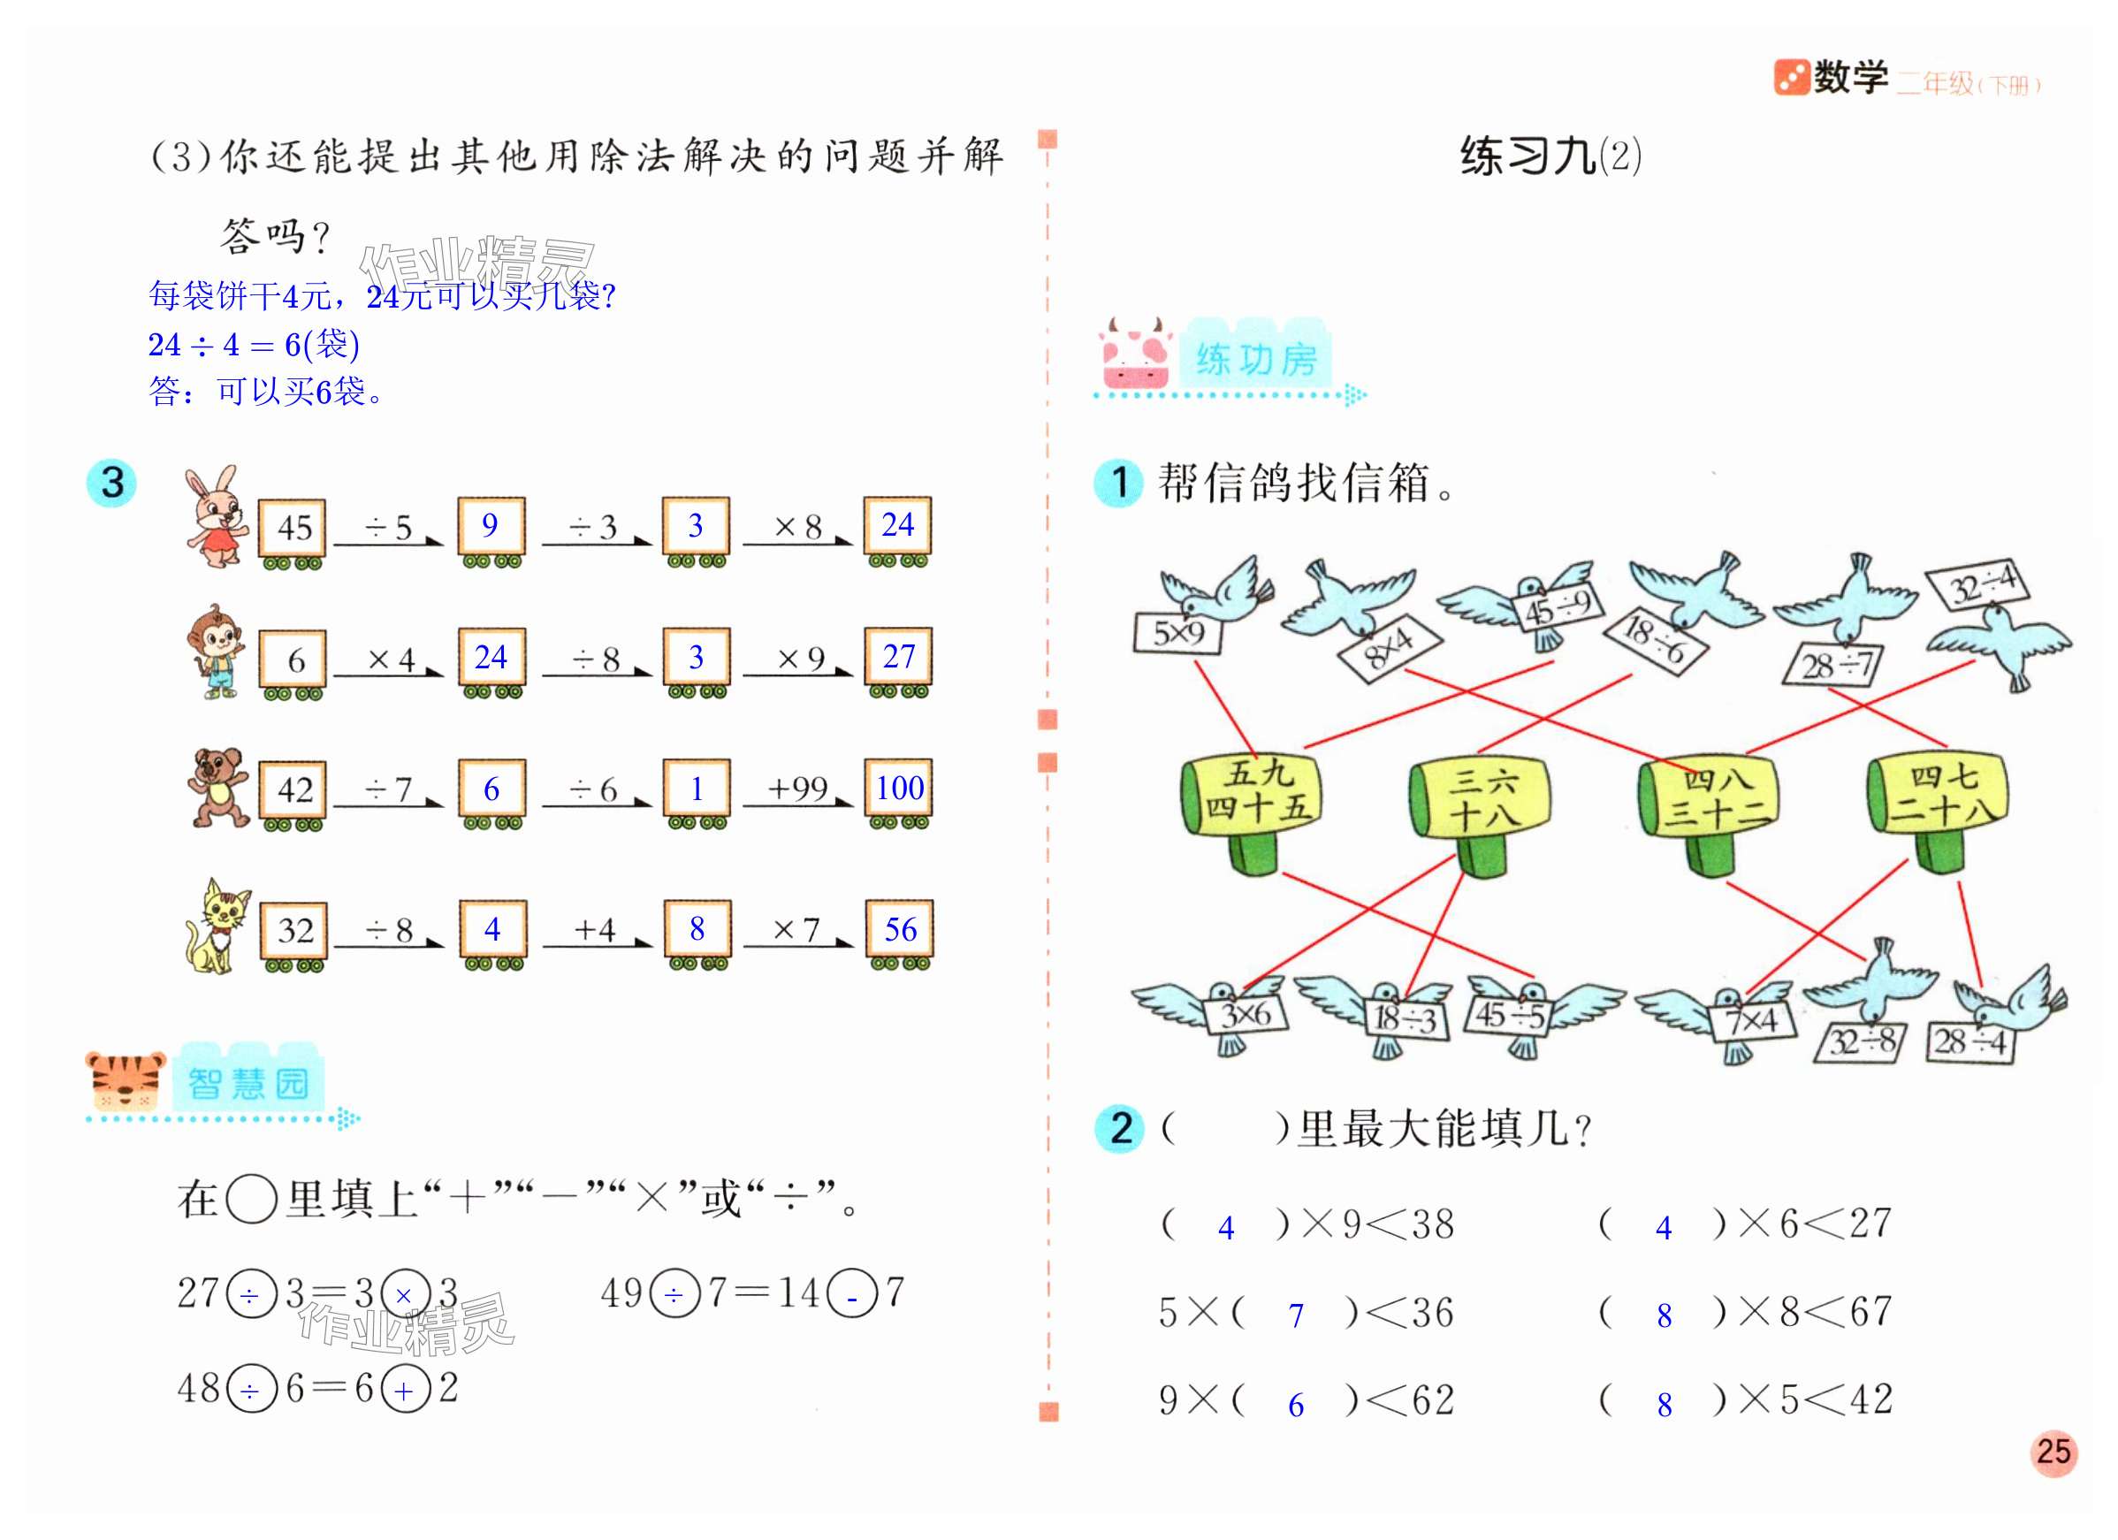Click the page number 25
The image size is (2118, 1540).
pos(2053,1452)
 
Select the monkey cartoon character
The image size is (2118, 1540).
pos(217,651)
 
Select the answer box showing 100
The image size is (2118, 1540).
pos(898,789)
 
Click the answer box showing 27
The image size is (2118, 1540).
pos(898,658)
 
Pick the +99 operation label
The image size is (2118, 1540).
pos(796,789)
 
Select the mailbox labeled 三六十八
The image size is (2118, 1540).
pos(1480,799)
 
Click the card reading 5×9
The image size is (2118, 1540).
pos(1178,634)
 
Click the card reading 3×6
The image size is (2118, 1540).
pos(1246,1014)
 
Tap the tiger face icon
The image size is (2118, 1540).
pos(125,1081)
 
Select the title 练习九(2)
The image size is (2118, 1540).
pos(1550,156)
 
